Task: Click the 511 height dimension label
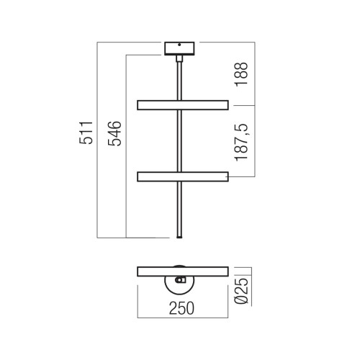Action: tap(86, 132)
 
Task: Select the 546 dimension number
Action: tap(114, 133)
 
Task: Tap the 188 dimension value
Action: tap(241, 73)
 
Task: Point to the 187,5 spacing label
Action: tap(241, 143)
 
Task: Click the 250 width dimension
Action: tap(181, 308)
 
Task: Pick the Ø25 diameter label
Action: tap(241, 291)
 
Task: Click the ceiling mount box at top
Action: tap(179, 48)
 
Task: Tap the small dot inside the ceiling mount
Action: tap(179, 45)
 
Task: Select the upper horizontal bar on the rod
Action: tap(183, 105)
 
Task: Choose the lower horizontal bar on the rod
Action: tap(183, 176)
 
